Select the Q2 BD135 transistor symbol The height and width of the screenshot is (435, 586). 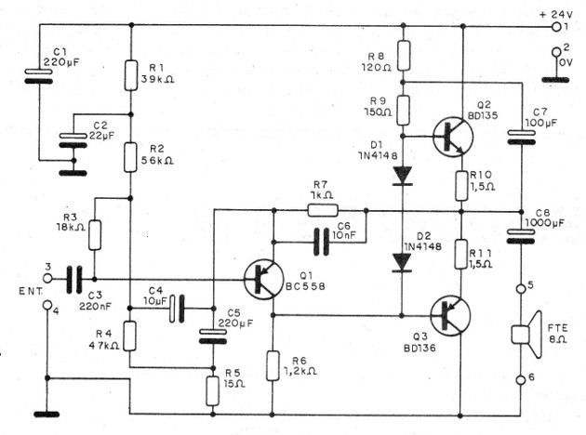point(454,137)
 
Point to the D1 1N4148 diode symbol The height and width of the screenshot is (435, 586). point(402,175)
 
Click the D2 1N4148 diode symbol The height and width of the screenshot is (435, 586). point(402,261)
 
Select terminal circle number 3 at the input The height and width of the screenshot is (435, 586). point(47,278)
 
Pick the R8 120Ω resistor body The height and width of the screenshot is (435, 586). point(402,51)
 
